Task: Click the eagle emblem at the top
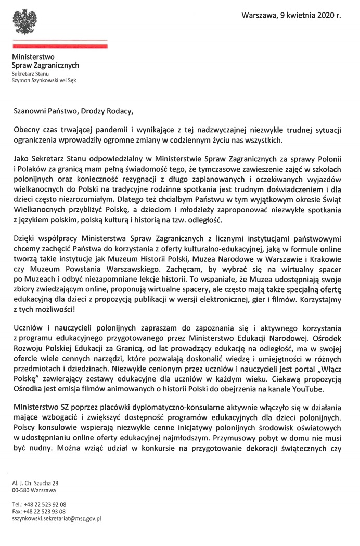tap(24, 20)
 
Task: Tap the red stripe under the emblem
tap(60, 46)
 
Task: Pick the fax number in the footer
tap(45, 512)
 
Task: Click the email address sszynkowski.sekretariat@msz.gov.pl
tap(56, 518)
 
